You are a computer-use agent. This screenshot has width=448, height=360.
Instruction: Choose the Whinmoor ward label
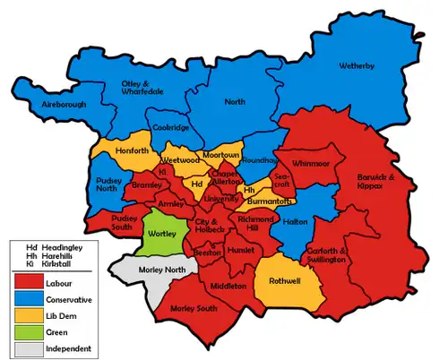(x=310, y=164)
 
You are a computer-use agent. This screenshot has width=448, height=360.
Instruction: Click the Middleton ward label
(x=230, y=286)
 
